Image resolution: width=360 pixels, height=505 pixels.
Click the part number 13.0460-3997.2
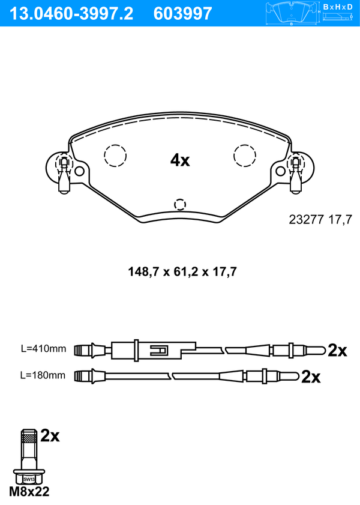tap(71, 14)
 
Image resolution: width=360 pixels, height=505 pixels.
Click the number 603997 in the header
tap(183, 14)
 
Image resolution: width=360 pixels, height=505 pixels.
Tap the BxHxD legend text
tap(338, 7)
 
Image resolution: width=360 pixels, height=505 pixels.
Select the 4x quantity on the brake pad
tap(180, 160)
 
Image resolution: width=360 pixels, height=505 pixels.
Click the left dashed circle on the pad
tap(115, 156)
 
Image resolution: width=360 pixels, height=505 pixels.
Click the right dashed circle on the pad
tap(245, 156)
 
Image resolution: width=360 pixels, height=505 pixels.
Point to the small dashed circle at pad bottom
tap(180, 204)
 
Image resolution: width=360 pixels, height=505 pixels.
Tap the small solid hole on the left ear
tap(79, 171)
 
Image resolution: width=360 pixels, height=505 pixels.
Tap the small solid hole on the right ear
tap(281, 171)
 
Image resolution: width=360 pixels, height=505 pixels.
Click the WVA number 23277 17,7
tap(320, 220)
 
